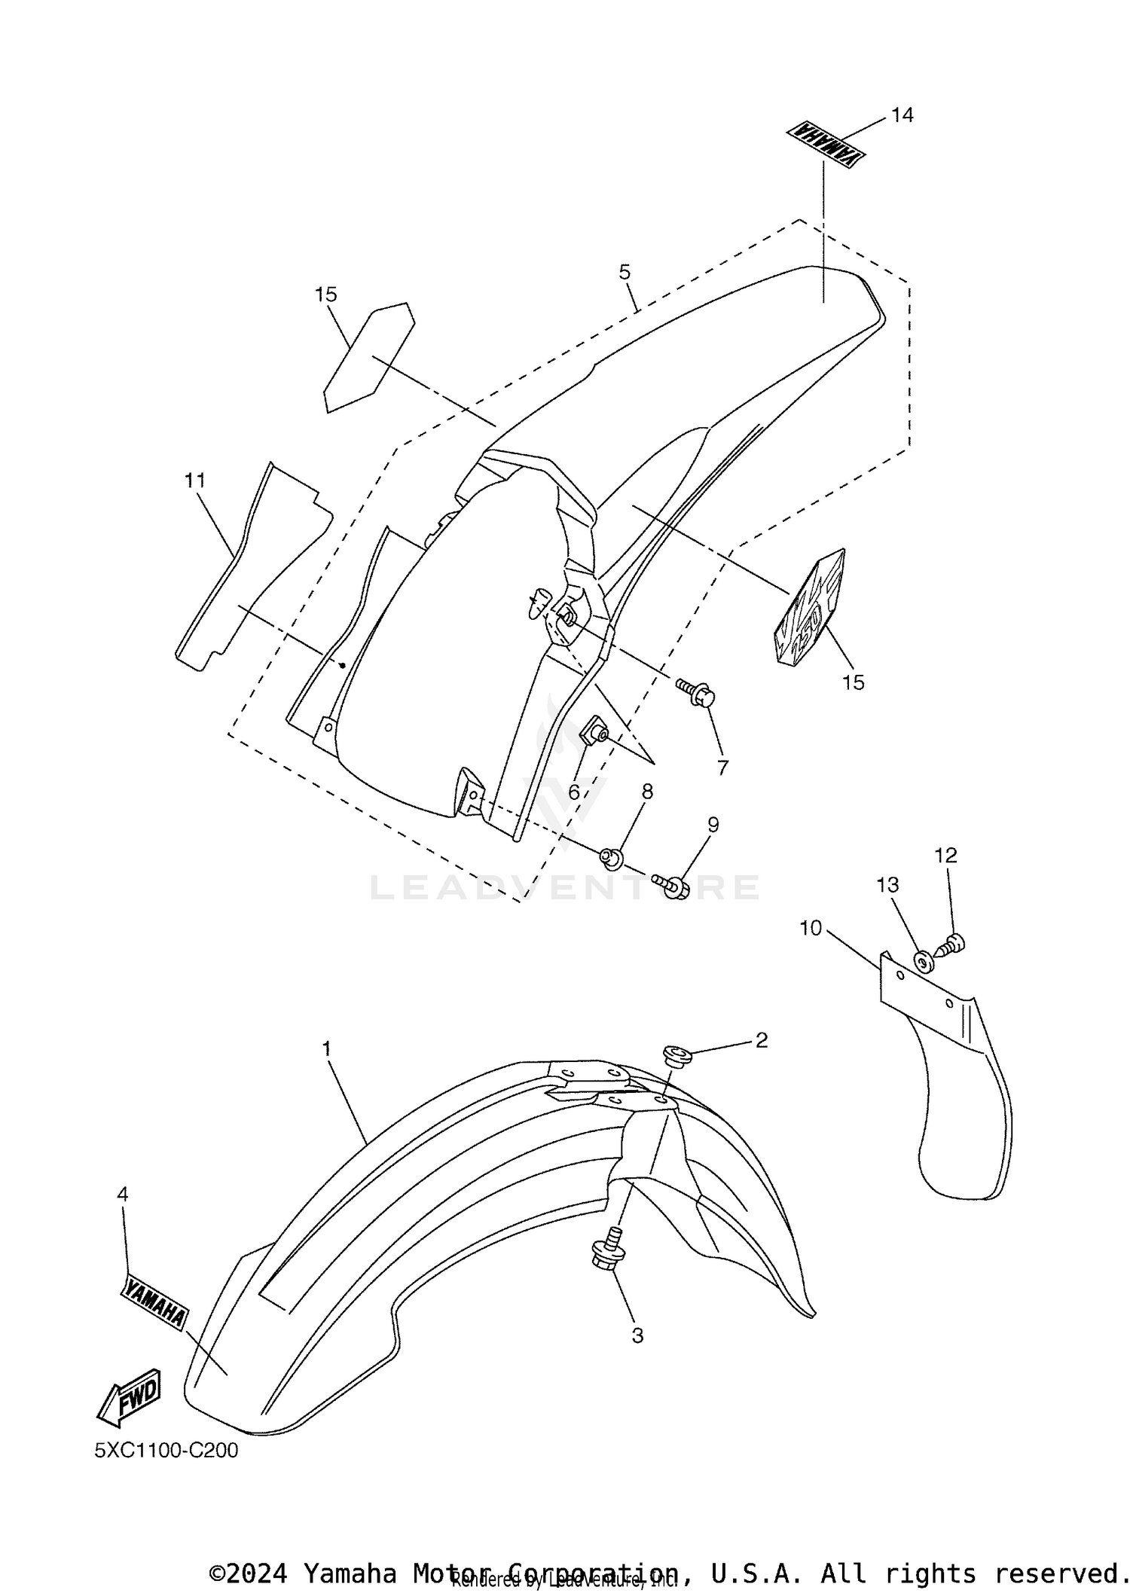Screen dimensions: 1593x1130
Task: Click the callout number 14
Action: click(902, 115)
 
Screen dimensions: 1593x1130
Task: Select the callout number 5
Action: click(625, 272)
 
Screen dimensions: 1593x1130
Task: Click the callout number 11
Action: click(195, 480)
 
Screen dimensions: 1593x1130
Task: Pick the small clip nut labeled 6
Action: click(594, 730)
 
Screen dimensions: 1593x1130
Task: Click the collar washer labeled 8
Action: click(612, 857)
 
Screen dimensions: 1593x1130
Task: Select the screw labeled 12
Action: click(953, 943)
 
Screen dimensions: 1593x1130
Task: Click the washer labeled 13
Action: click(921, 961)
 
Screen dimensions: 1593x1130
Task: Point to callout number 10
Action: click(811, 928)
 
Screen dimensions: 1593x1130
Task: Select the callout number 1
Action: click(327, 1048)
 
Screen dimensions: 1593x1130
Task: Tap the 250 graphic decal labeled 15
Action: click(810, 608)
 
